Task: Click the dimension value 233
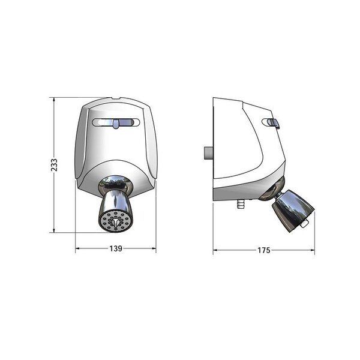point(54,165)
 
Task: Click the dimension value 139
point(115,248)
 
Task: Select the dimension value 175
point(263,249)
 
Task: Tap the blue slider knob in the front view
point(116,124)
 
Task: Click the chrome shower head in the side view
point(293,208)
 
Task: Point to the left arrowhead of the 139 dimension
point(77,248)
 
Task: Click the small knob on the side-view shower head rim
point(305,224)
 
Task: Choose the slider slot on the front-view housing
point(116,124)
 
